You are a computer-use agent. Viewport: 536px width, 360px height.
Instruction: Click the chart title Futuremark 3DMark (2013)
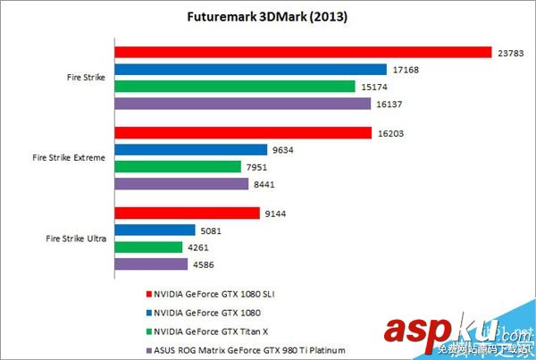pos(268,17)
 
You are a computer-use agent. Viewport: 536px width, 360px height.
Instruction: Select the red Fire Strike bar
pos(304,52)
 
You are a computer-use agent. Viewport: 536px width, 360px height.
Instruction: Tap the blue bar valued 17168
pos(250,69)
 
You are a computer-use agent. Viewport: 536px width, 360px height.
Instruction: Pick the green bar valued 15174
pos(235,87)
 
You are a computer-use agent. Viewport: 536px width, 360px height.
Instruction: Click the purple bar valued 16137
pos(242,104)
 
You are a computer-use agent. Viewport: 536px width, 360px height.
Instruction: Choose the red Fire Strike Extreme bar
pos(243,132)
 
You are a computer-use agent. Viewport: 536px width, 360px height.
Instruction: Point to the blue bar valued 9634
pos(191,149)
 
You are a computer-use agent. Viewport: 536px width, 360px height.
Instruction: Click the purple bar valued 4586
pos(151,264)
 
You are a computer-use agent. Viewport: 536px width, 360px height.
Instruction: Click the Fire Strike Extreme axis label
pos(69,158)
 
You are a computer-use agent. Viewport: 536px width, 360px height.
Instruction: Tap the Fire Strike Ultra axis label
pos(75,239)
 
